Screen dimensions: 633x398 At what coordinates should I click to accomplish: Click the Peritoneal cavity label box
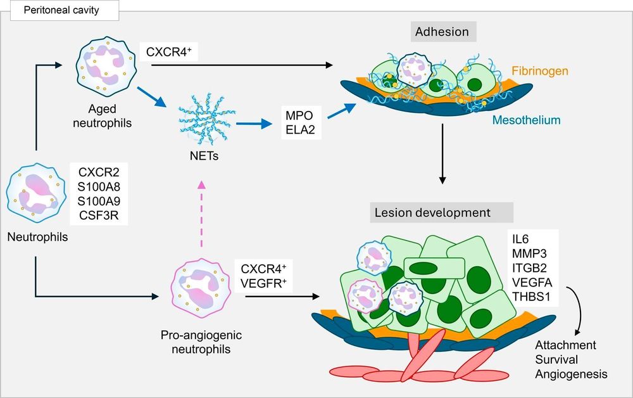point(65,10)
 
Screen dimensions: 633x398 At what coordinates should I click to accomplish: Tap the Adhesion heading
point(442,32)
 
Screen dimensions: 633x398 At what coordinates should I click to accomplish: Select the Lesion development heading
point(442,212)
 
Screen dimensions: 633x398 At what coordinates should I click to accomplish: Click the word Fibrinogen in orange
point(540,71)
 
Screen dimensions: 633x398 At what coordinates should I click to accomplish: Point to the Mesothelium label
point(527,120)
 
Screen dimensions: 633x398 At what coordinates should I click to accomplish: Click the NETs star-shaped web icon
point(207,119)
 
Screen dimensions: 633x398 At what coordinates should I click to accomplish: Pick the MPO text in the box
point(299,115)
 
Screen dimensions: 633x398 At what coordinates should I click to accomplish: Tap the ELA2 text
point(300,130)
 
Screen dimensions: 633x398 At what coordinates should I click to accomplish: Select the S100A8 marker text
point(99,187)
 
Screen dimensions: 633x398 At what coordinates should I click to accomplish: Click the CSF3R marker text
point(99,215)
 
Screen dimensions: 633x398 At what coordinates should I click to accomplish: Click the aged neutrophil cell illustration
point(106,67)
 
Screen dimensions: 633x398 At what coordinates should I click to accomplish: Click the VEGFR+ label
point(263,283)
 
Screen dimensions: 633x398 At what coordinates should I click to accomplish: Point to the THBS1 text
point(531,297)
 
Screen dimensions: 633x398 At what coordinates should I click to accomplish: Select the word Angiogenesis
point(571,374)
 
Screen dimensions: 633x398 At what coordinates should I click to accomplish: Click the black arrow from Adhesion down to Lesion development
point(442,153)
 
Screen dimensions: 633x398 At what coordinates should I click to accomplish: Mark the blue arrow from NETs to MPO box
point(254,124)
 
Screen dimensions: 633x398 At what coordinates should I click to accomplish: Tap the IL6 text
point(520,239)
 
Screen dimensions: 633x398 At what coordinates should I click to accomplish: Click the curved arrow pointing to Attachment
point(580,309)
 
